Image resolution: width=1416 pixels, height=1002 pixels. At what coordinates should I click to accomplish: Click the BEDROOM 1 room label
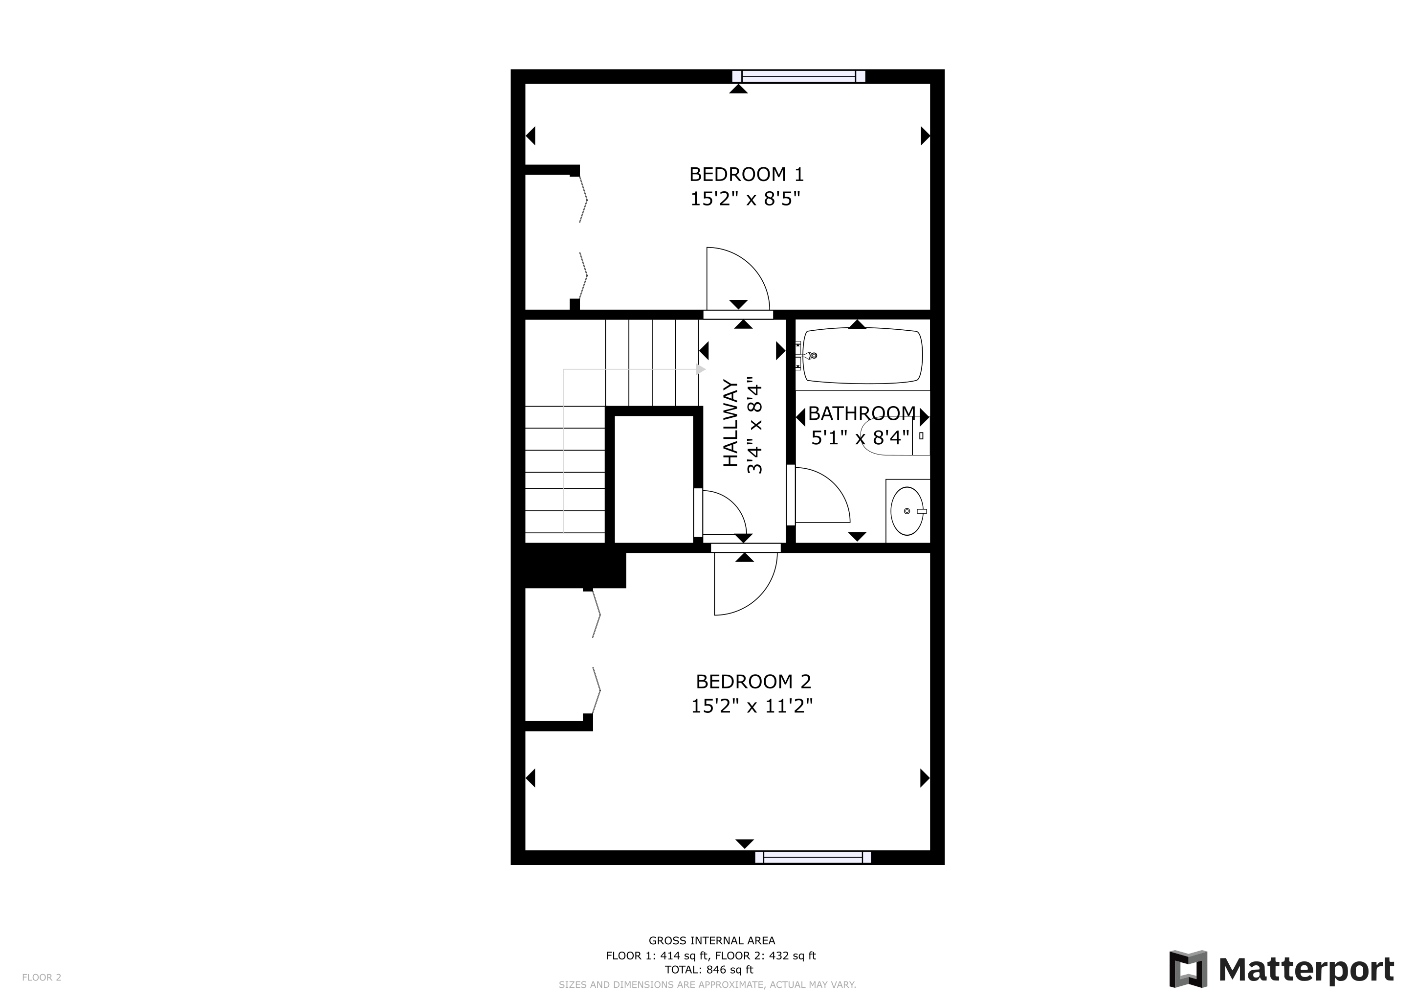pyautogui.click(x=746, y=175)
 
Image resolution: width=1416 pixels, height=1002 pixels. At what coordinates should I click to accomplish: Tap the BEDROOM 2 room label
pyautogui.click(x=753, y=682)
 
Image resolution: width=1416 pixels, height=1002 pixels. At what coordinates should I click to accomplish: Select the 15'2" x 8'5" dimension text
pyautogui.click(x=745, y=199)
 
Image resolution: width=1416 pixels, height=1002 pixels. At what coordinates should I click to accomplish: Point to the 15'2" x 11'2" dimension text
pyautogui.click(x=752, y=706)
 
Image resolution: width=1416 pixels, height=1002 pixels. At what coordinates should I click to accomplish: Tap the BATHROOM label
pyautogui.click(x=862, y=413)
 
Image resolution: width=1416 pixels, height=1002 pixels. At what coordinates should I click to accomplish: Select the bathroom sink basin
pyautogui.click(x=907, y=511)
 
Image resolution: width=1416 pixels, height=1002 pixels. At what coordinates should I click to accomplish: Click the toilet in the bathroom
pyautogui.click(x=895, y=435)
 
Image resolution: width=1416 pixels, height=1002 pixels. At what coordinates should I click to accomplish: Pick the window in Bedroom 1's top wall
pyautogui.click(x=798, y=76)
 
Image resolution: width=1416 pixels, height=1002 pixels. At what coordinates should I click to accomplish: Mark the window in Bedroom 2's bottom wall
pyautogui.click(x=813, y=857)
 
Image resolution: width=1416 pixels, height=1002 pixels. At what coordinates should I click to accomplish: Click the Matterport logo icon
pyautogui.click(x=1188, y=969)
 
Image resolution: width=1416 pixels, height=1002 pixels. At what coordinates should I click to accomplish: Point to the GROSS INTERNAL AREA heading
pyautogui.click(x=712, y=941)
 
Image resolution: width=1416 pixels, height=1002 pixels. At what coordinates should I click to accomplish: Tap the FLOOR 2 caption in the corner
pyautogui.click(x=42, y=978)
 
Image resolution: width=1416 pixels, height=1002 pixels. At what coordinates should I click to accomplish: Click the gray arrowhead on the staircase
pyautogui.click(x=701, y=369)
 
